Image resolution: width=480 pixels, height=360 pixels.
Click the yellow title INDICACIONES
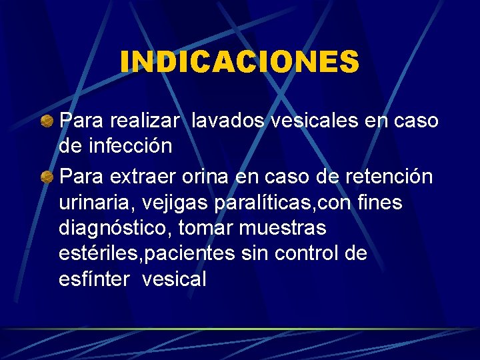point(240,62)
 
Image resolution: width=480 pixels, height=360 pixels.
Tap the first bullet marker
point(47,121)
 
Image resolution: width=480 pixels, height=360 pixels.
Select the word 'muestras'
point(283,228)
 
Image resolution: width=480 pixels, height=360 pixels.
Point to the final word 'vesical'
point(174,279)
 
